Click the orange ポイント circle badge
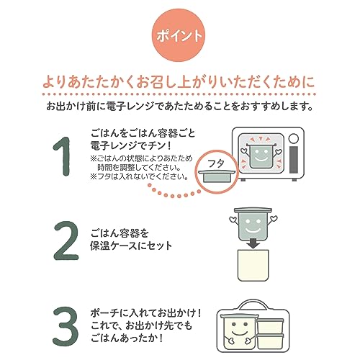[x=179, y=35]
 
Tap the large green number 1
[x=63, y=156]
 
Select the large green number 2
[x=66, y=240]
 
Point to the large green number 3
[x=66, y=326]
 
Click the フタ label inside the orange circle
[x=216, y=163]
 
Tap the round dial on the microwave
[x=294, y=138]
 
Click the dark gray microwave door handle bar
[x=294, y=160]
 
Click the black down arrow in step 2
[x=253, y=244]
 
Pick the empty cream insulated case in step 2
[x=253, y=265]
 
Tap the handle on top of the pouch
[x=253, y=304]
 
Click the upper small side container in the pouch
[x=270, y=325]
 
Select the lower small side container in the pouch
[x=270, y=341]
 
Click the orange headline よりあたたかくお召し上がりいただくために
[x=179, y=81]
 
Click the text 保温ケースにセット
[x=131, y=246]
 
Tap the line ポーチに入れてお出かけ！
[x=145, y=313]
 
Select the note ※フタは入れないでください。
[x=139, y=176]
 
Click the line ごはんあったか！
[x=127, y=338]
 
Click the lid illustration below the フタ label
[x=217, y=176]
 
